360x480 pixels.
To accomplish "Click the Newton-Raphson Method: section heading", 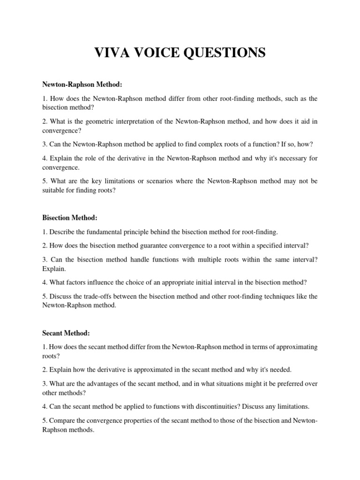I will (82, 84).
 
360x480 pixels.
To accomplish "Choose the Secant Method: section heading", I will (66, 333).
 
